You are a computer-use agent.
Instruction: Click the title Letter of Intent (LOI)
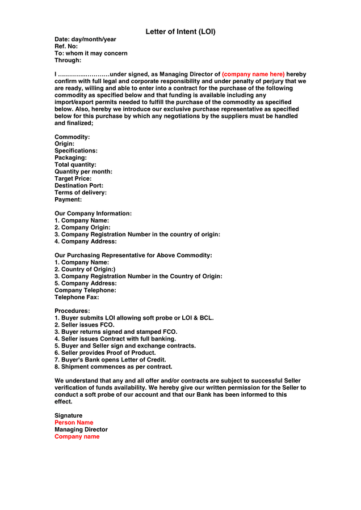[x=180, y=32]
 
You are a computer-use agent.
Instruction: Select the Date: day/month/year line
[x=85, y=40]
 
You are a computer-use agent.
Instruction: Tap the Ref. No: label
[x=66, y=46]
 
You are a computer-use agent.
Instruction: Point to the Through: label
[x=68, y=60]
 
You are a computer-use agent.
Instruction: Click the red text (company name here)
[x=253, y=74]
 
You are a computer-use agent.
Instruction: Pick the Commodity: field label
[x=72, y=137]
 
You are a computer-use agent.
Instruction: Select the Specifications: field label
[x=76, y=151]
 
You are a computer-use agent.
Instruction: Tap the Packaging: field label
[x=71, y=158]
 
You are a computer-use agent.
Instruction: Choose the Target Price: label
[x=73, y=178]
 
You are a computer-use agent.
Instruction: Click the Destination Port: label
[x=79, y=185]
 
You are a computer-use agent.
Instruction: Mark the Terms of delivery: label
[x=81, y=193]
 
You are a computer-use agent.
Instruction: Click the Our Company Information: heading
[x=93, y=214]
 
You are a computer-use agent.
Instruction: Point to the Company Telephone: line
[x=85, y=290]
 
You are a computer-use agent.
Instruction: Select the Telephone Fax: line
[x=77, y=297]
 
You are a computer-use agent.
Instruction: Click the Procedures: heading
[x=72, y=311]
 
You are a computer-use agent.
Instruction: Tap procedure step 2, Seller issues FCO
[x=85, y=325]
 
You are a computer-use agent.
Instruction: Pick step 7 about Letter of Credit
[x=110, y=360]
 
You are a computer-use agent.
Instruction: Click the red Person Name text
[x=74, y=423]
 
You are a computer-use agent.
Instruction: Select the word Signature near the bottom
[x=68, y=415]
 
